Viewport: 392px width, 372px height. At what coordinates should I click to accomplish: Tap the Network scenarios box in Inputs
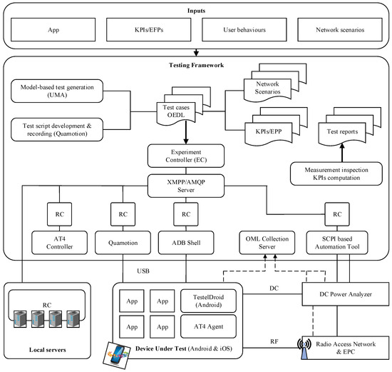pos(331,31)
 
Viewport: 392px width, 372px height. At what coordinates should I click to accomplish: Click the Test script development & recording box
pos(58,129)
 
